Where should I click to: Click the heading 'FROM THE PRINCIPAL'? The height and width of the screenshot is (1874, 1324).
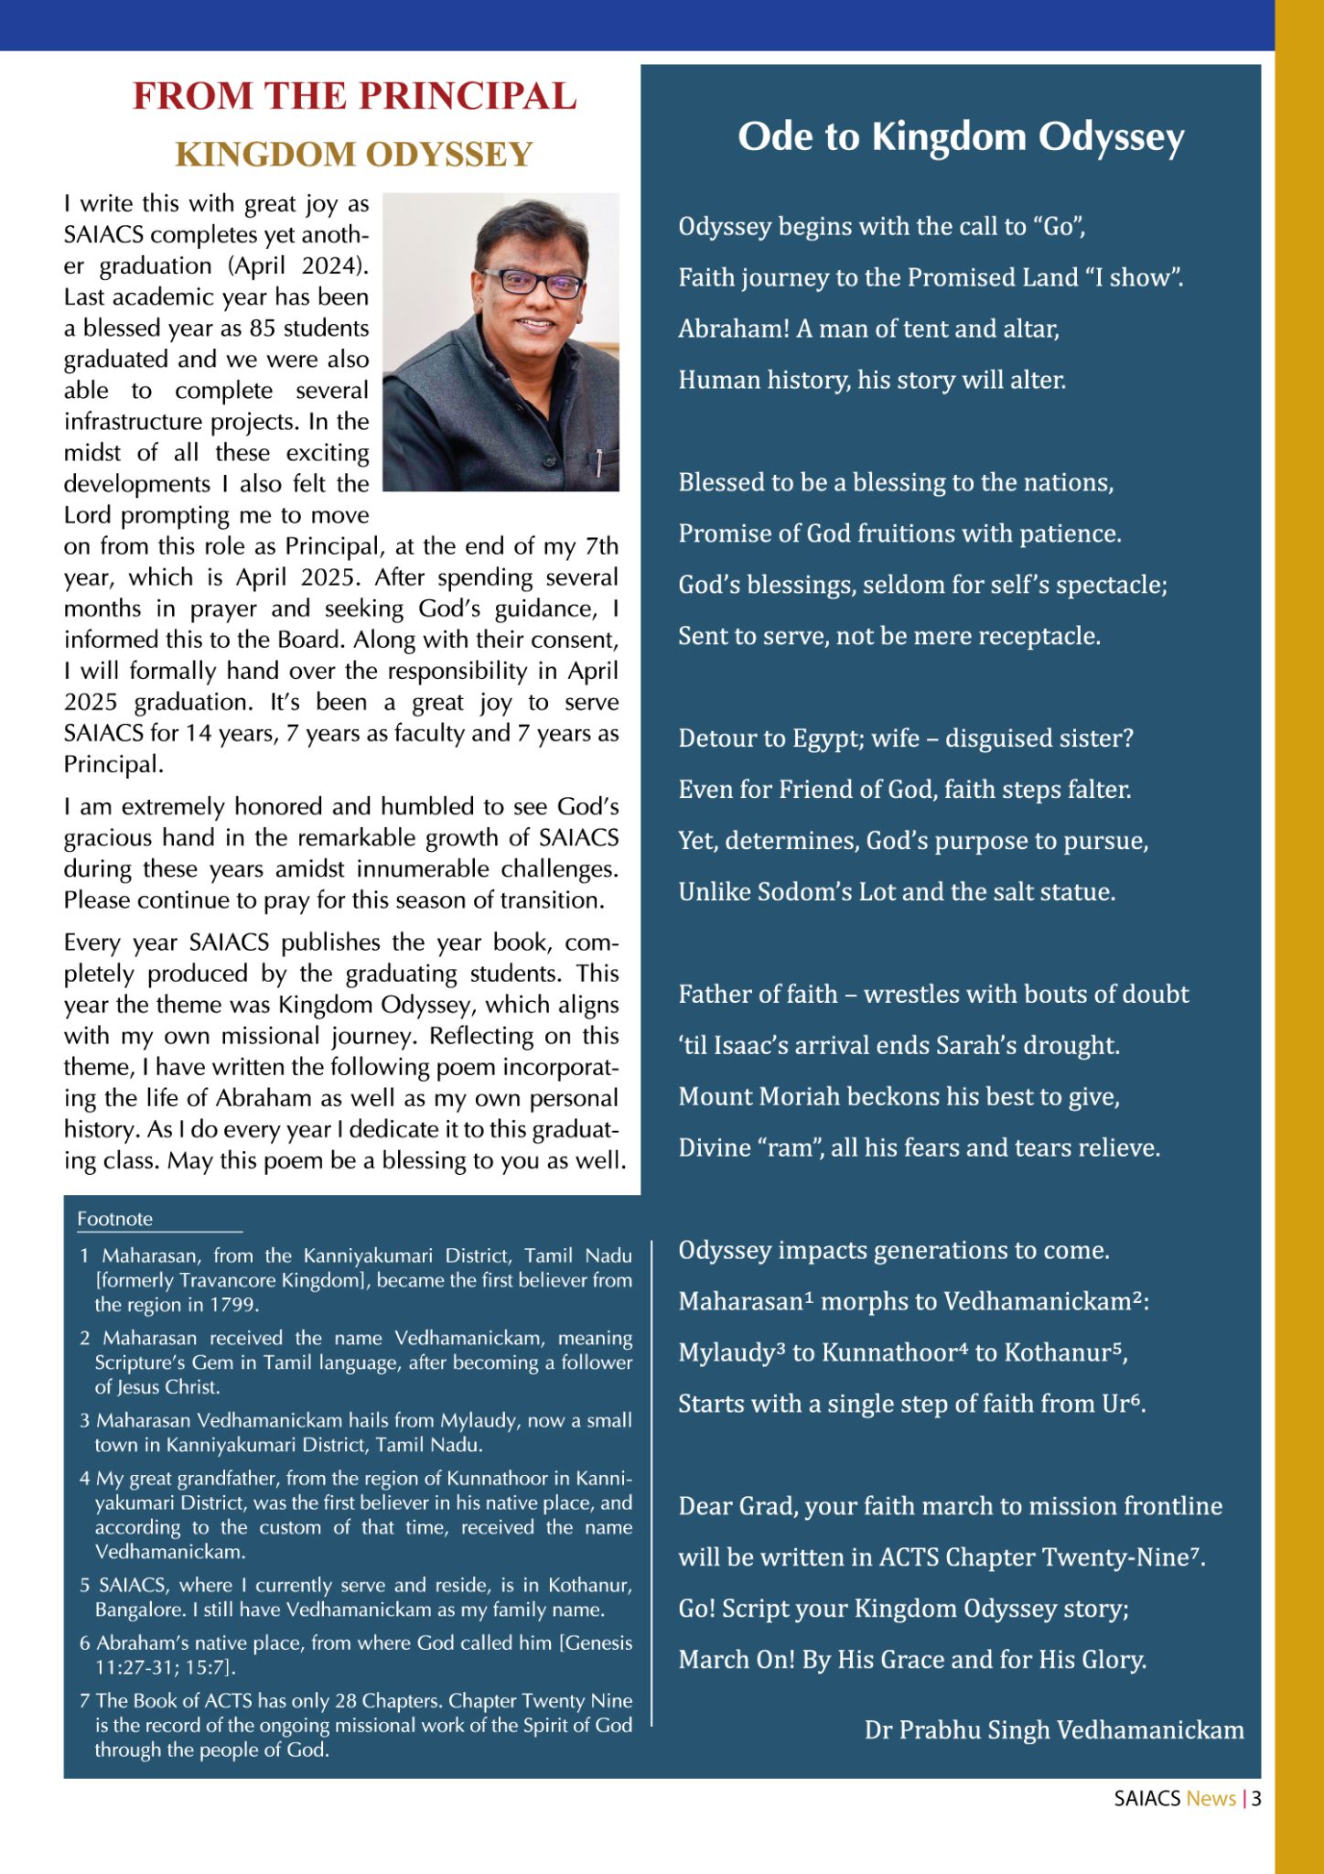click(354, 97)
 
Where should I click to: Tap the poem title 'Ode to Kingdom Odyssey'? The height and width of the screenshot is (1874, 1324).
click(961, 137)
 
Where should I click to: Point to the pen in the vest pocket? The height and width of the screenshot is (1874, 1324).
click(598, 463)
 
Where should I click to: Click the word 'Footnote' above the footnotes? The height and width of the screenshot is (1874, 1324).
click(114, 1219)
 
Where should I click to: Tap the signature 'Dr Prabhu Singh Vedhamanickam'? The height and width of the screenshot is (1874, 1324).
click(1054, 1729)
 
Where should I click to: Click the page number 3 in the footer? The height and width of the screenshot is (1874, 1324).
click(1256, 1798)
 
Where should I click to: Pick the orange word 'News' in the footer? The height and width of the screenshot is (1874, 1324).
click(1211, 1798)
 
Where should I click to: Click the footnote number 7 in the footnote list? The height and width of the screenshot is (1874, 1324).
click(84, 1701)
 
